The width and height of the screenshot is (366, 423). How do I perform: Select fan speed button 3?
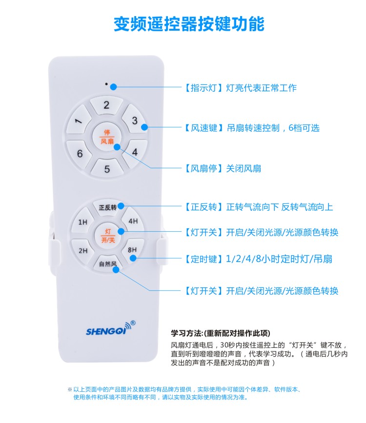pos(134,121)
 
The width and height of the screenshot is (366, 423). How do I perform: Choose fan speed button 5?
pos(107,169)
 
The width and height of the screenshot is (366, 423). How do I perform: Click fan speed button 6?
pos(80,154)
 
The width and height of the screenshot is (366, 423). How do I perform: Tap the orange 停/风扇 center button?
pos(107,137)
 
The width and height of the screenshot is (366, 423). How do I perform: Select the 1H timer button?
pos(82,222)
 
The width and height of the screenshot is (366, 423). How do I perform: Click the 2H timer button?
pos(82,251)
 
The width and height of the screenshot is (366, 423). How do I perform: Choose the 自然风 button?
pos(107,264)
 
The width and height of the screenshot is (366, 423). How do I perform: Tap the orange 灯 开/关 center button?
pos(107,235)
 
